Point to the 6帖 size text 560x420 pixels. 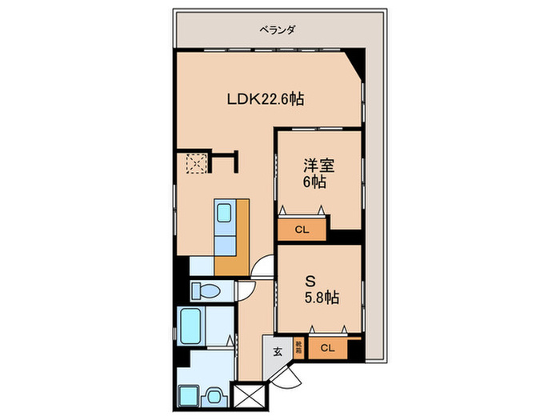(314, 182)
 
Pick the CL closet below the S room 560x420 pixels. (326, 348)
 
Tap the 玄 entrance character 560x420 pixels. (277, 351)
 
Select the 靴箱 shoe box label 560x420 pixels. (299, 347)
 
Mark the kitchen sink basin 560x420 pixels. (226, 214)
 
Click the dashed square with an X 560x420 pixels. (194, 163)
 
